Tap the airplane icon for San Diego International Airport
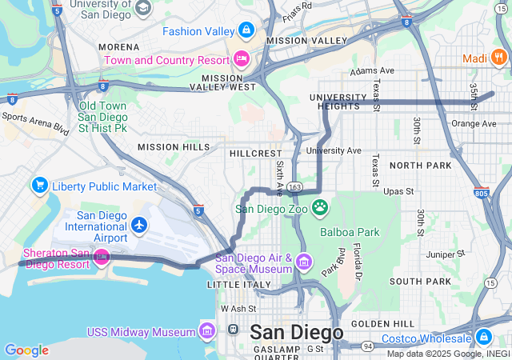pos(140,225)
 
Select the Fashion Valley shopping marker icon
pos(246,31)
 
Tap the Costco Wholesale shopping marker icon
pos(484,336)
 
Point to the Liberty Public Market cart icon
pos(39,186)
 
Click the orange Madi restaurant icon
pos(498,57)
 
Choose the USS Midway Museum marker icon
pos(207,331)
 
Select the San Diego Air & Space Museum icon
pos(303,262)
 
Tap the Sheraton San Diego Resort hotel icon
pos(102,256)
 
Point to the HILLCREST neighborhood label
pos(255,153)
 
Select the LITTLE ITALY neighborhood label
pos(234,285)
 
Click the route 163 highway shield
pos(295,186)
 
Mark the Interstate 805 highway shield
pos(481,193)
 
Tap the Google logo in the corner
pos(26,350)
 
